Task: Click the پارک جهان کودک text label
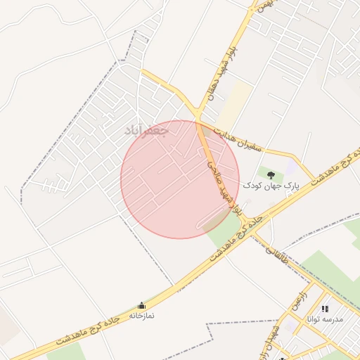(271, 186)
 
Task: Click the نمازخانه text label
(142, 316)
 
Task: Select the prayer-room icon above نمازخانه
(142, 306)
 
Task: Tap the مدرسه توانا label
(324, 319)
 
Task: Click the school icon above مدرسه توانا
(324, 309)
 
